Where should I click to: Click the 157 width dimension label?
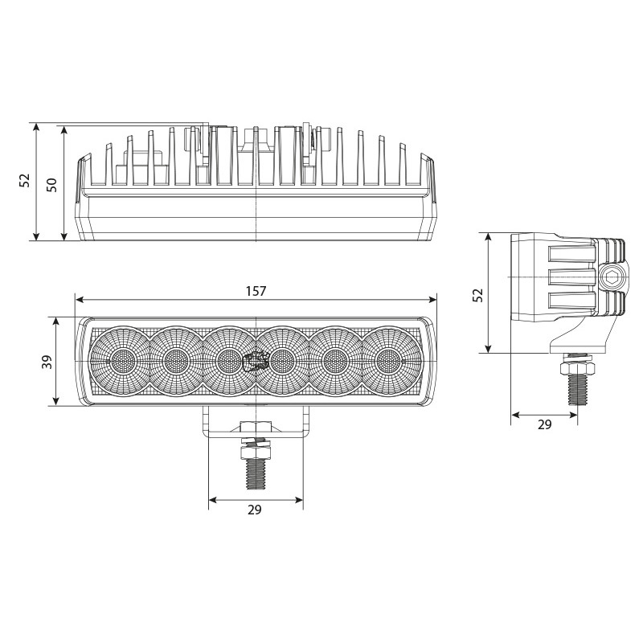(256, 291)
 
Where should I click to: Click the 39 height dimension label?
(47, 362)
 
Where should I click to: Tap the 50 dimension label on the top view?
(51, 185)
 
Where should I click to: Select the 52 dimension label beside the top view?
(25, 180)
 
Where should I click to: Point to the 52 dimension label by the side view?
(477, 295)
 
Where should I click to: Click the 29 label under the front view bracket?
(254, 510)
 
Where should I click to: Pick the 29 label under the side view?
(545, 425)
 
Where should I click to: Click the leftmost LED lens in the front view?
(122, 361)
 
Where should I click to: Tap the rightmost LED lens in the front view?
(388, 361)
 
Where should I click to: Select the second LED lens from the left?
(176, 361)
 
